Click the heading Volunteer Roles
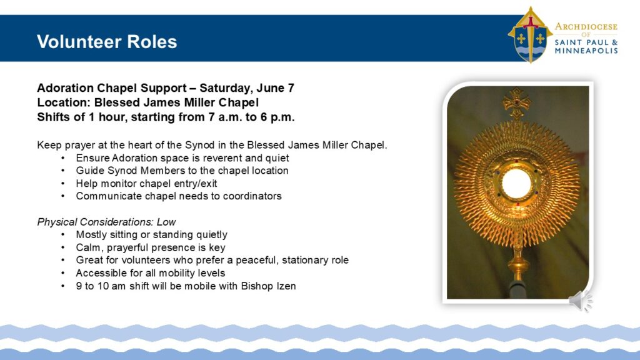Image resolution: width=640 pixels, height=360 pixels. [x=107, y=42]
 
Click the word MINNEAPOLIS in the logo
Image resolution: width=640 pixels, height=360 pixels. [x=586, y=51]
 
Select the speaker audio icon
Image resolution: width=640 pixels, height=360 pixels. [x=581, y=301]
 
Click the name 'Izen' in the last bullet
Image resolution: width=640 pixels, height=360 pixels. [x=286, y=286]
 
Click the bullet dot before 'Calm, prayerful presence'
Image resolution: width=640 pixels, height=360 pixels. [x=63, y=247]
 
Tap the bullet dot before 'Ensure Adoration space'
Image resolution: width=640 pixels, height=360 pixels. [x=63, y=158]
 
